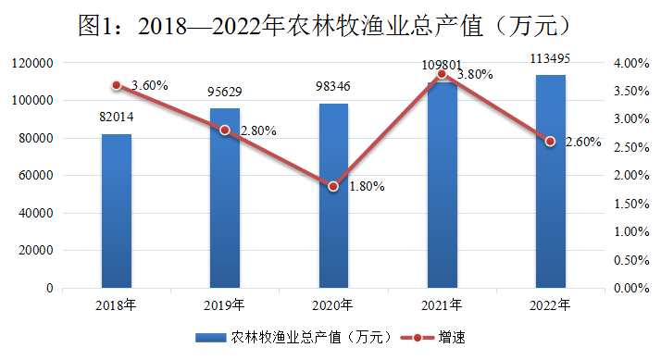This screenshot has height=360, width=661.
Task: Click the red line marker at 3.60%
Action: click(x=117, y=85)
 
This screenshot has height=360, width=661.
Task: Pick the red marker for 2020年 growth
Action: click(x=333, y=186)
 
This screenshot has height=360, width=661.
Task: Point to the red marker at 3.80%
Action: click(x=442, y=73)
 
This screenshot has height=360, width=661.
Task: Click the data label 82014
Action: click(x=117, y=116)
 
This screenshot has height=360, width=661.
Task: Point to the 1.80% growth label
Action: click(x=367, y=186)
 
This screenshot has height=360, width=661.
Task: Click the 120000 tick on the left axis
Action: click(x=33, y=63)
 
